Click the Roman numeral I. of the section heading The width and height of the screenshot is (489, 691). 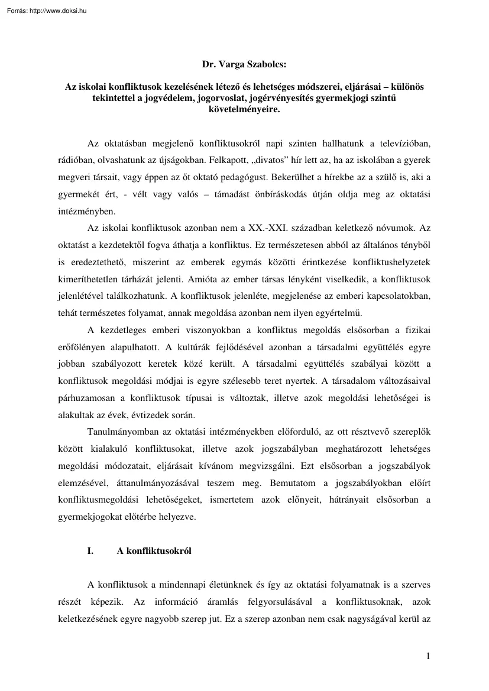(x=90, y=551)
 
